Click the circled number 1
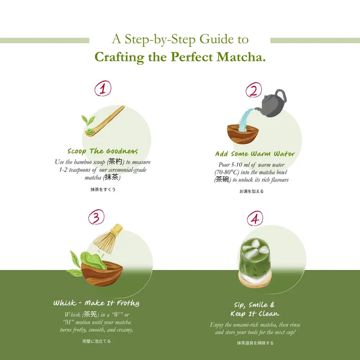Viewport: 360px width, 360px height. pos(103,89)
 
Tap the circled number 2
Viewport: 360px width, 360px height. pos(253,90)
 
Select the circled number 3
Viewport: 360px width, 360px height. pos(96,217)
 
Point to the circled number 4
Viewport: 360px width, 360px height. pos(255,219)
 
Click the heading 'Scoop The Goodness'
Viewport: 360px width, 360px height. pos(103,151)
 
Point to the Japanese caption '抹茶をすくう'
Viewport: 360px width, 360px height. pos(103,189)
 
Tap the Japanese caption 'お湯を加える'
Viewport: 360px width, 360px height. pos(252,191)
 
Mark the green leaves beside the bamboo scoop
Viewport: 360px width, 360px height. pos(87,120)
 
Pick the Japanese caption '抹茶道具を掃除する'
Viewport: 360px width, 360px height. pos(255,343)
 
